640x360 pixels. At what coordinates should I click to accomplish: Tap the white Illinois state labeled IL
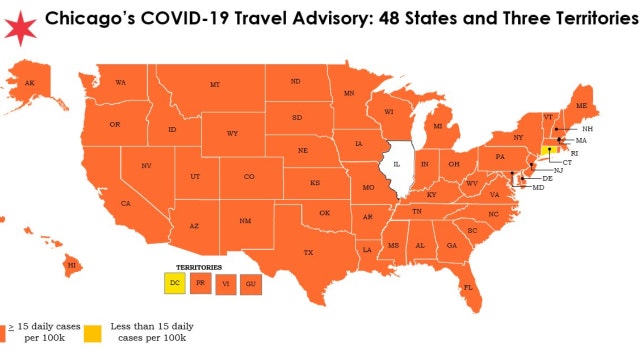(397, 166)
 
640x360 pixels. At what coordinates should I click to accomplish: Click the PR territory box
(202, 285)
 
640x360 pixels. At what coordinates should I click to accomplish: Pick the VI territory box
(226, 285)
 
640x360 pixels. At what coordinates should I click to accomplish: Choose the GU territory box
(250, 285)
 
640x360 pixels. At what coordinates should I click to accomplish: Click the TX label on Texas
(308, 252)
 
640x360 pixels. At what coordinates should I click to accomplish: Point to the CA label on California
(125, 204)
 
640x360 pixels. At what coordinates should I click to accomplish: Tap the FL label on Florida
(467, 288)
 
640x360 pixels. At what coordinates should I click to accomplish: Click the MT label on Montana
(215, 85)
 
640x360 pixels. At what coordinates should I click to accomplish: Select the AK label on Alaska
(29, 83)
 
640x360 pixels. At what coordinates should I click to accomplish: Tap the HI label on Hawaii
(72, 265)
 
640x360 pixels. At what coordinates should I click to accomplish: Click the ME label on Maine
(581, 105)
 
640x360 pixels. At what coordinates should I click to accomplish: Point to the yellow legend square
(92, 332)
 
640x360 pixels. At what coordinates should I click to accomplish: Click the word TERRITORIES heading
(199, 268)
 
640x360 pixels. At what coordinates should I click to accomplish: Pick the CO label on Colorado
(249, 177)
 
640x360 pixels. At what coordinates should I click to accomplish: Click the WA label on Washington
(120, 82)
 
